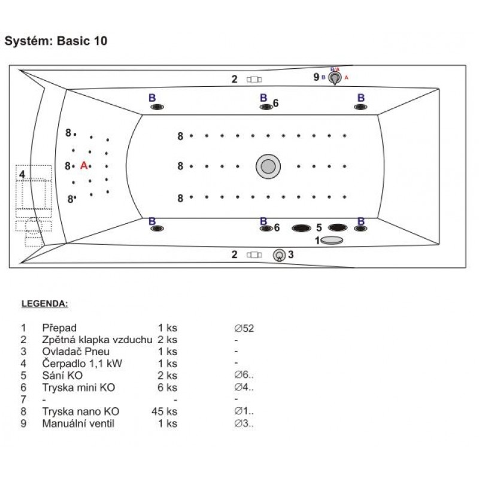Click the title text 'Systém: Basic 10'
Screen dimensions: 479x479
click(x=56, y=41)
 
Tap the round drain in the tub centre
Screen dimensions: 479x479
click(x=268, y=166)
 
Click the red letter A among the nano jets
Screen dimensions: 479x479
click(x=84, y=165)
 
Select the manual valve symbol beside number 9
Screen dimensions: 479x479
click(x=336, y=78)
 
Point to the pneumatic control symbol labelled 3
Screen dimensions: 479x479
click(x=279, y=255)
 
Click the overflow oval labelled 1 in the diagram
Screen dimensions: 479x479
click(x=332, y=240)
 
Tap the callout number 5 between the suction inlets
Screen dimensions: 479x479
click(x=319, y=228)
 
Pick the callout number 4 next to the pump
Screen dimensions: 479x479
click(x=22, y=174)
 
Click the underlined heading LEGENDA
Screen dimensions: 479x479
click(x=45, y=304)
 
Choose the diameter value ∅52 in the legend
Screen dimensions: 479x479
click(x=245, y=328)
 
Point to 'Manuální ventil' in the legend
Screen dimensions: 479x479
click(x=78, y=423)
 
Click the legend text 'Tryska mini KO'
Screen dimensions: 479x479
click(x=78, y=387)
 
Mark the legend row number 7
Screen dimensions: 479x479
click(x=23, y=399)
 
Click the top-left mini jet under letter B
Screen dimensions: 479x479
click(x=157, y=107)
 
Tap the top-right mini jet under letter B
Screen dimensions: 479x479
click(x=360, y=107)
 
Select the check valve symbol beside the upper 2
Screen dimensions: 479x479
click(x=254, y=80)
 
